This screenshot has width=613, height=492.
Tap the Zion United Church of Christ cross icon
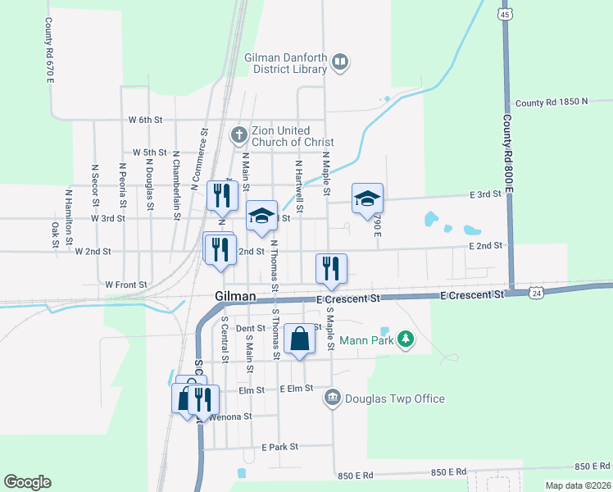pos(238,134)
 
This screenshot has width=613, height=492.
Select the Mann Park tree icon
pos(404,338)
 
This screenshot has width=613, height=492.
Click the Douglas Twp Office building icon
pos(332,399)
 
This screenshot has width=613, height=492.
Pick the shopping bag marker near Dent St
pos(300,339)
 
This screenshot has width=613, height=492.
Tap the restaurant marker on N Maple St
pos(331,268)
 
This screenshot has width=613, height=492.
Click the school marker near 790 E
pos(368,198)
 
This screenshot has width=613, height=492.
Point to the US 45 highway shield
pos(505,15)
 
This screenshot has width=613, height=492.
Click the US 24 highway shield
pos(535,291)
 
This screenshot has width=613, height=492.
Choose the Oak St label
pos(56,235)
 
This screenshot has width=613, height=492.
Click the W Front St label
pos(126,285)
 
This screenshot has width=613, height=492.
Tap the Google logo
pos(27,482)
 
